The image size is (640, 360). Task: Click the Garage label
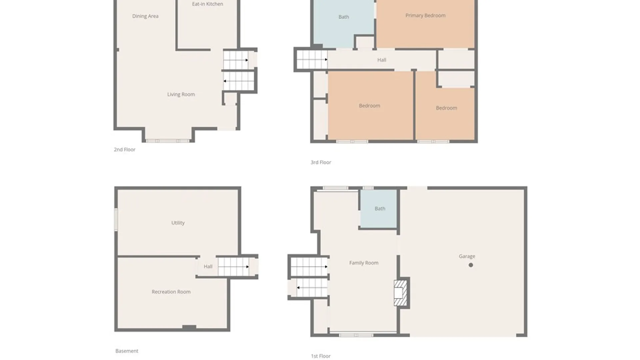467,256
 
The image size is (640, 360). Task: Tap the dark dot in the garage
471,265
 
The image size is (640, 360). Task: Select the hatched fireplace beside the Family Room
400,293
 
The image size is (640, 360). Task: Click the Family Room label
364,263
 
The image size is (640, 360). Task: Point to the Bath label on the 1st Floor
380,209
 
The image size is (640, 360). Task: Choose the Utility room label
178,223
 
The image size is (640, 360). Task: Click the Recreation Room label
171,292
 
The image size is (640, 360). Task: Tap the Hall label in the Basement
208,266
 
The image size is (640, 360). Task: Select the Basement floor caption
127,351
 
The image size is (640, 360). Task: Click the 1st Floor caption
321,356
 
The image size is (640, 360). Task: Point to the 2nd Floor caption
125,149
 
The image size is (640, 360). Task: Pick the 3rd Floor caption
321,162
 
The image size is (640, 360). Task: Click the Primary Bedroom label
425,15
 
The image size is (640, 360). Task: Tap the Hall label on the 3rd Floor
382,60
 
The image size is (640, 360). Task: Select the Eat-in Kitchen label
207,4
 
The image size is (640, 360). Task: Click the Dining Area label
145,16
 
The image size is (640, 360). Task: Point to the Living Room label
181,94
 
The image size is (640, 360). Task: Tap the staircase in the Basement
233,267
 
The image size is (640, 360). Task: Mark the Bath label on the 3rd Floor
344,17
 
